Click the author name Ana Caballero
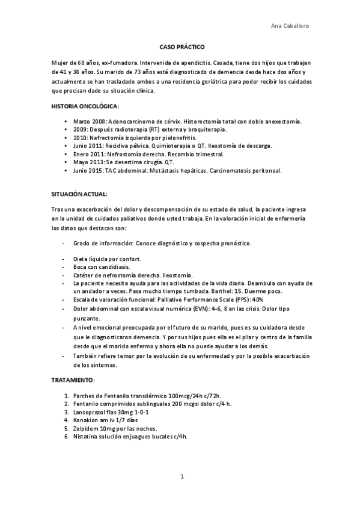coord(291,26)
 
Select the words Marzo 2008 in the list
coord(89,121)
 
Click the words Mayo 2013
coord(88,162)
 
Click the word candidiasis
coord(116,266)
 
